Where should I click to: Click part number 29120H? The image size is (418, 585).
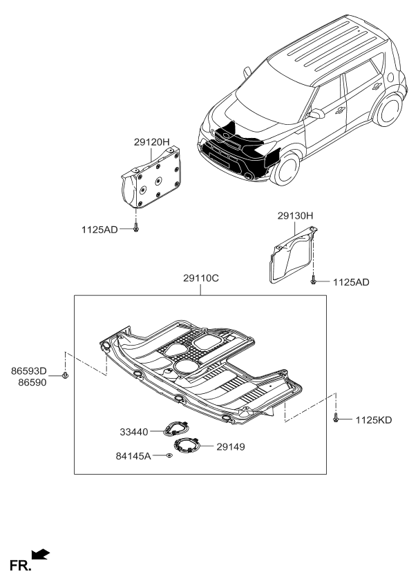(x=152, y=142)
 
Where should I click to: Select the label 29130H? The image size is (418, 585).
(x=296, y=216)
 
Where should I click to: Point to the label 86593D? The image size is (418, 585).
(x=28, y=370)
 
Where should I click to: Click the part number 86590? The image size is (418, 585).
(x=28, y=381)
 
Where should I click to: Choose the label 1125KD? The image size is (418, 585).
(x=374, y=419)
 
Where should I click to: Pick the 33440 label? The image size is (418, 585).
(x=134, y=432)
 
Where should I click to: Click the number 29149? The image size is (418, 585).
(x=231, y=446)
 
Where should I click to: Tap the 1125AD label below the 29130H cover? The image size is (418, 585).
(x=351, y=282)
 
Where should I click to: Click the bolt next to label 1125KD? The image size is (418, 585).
(x=336, y=418)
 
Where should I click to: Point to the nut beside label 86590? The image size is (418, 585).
(x=65, y=375)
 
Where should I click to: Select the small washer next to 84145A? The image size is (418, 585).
(x=169, y=456)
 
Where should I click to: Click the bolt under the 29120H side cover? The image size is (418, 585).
(x=136, y=228)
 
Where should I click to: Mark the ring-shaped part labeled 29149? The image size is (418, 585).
(x=187, y=446)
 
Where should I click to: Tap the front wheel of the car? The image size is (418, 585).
(x=283, y=168)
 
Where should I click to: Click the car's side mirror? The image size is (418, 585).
(x=315, y=113)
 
